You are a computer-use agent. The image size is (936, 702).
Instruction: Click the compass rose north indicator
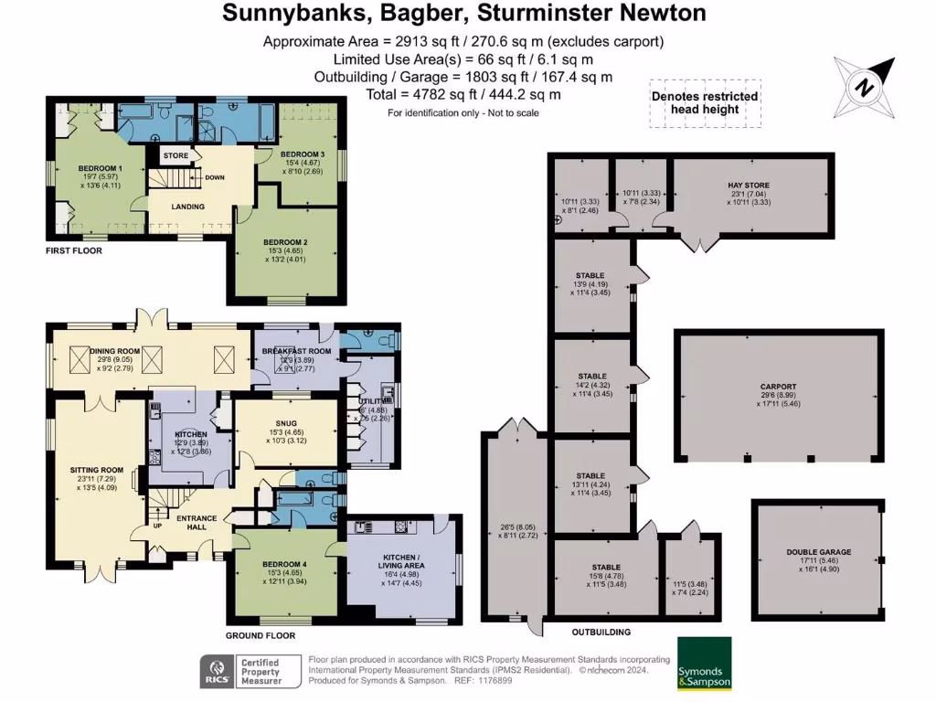(x=863, y=87)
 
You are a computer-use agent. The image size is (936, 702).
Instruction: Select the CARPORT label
(x=778, y=387)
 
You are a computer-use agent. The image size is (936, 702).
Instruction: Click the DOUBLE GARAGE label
(x=818, y=552)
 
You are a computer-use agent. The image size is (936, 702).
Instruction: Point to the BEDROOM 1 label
(x=100, y=168)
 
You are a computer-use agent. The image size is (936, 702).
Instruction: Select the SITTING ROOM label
(x=96, y=470)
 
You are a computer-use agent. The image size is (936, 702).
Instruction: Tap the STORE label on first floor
(x=175, y=156)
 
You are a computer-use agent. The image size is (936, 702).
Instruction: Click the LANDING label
(x=188, y=207)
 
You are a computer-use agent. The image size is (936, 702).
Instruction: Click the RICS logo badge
(x=216, y=670)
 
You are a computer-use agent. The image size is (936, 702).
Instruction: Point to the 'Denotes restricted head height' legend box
(x=704, y=102)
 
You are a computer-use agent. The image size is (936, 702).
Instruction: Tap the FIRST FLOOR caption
(x=74, y=250)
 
